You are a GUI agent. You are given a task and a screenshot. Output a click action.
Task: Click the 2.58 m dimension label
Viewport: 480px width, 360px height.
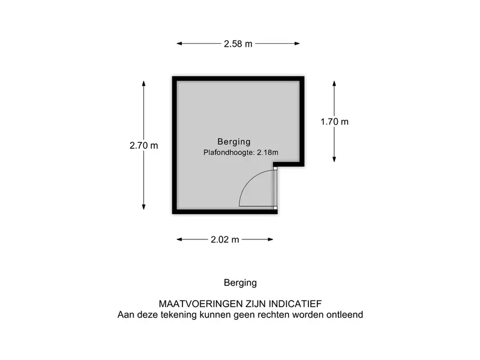tap(238, 44)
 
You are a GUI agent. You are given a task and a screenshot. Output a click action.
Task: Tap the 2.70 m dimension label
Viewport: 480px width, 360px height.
tap(143, 145)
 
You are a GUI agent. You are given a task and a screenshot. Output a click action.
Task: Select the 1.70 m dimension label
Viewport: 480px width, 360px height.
tap(334, 122)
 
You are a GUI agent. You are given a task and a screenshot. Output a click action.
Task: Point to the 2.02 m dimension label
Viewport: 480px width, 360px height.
tap(224, 239)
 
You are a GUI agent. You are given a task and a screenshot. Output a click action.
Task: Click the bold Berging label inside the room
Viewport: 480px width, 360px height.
tap(234, 142)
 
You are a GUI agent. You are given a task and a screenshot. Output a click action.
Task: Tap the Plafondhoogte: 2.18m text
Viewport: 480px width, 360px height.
tap(241, 152)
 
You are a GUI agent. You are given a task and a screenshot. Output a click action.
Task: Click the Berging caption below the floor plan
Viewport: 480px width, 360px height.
tap(241, 283)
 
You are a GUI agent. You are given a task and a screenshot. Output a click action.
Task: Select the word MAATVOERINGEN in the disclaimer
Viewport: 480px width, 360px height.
tap(200, 304)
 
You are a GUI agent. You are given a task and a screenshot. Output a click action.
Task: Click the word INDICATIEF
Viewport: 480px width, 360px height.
tap(295, 304)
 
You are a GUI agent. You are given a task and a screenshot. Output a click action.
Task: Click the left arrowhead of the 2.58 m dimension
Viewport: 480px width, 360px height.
tap(179, 43)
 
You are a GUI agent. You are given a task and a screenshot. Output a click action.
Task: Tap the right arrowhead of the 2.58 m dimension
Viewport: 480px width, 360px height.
tap(297, 43)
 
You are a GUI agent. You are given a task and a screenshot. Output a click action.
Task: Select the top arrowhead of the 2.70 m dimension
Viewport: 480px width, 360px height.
tap(143, 83)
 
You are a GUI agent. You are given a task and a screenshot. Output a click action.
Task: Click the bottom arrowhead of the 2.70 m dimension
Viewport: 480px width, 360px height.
tap(143, 206)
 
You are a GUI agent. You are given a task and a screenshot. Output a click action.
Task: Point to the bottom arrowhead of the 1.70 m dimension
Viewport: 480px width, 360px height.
tap(334, 159)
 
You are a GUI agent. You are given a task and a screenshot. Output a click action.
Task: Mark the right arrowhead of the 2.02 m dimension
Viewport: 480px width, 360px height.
tap(271, 239)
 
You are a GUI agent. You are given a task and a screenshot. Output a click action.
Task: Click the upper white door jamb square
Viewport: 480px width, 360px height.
tap(275, 169)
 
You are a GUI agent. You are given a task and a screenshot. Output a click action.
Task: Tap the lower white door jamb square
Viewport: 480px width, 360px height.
tap(275, 208)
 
